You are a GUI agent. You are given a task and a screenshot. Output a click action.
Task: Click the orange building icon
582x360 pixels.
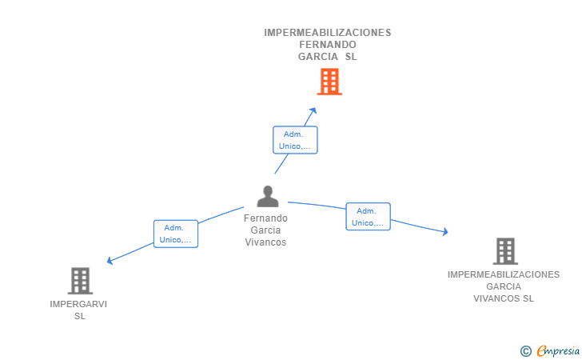(x=329, y=82)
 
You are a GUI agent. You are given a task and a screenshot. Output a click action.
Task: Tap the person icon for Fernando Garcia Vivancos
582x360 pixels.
(x=267, y=196)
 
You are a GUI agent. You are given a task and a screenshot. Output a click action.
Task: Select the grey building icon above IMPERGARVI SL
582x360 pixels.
(x=80, y=281)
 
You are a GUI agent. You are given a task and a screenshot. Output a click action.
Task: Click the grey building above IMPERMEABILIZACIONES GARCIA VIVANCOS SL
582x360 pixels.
(x=504, y=251)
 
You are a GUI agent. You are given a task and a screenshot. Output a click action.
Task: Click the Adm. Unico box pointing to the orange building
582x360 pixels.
(x=295, y=140)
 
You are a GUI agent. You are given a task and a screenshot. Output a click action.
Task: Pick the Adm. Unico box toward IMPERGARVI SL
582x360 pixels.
(x=175, y=234)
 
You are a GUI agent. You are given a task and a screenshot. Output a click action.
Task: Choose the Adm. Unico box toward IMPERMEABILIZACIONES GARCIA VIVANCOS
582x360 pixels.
(x=368, y=217)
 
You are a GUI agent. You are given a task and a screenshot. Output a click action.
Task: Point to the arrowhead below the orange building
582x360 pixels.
(x=313, y=110)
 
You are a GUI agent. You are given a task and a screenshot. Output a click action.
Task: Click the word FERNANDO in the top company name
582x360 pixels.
(x=328, y=45)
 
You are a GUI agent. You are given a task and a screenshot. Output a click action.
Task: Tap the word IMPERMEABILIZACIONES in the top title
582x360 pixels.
(x=328, y=33)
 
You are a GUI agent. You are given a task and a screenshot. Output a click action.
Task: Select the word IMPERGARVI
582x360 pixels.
(x=78, y=304)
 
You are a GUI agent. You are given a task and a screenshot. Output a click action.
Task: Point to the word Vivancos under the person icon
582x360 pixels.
(x=265, y=242)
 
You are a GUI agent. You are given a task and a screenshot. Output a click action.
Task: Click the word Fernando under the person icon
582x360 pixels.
(x=265, y=218)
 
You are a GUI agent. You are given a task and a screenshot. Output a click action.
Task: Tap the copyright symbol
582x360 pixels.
(x=525, y=350)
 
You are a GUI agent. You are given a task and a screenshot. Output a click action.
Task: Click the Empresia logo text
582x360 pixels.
(x=558, y=350)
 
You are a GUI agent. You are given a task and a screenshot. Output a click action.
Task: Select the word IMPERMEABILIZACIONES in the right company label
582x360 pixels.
(x=504, y=274)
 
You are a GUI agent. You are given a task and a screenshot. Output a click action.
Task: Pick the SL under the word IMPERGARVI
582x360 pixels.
(x=79, y=316)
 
